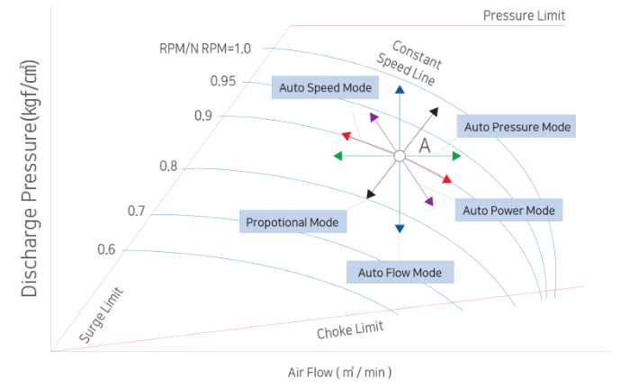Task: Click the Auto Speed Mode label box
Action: click(325, 87)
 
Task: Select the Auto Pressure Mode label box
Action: click(517, 126)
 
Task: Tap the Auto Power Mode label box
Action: click(508, 210)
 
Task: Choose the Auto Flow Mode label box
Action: click(400, 272)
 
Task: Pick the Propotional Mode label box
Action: click(293, 221)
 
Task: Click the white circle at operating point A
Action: click(399, 157)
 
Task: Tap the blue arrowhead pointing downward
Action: click(400, 230)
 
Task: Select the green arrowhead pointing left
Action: click(337, 157)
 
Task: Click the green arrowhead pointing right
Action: click(456, 157)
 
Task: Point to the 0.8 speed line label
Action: click(168, 167)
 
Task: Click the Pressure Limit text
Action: click(524, 15)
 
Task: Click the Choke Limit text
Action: click(350, 330)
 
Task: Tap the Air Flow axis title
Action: click(339, 372)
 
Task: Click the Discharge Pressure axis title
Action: click(30, 180)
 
